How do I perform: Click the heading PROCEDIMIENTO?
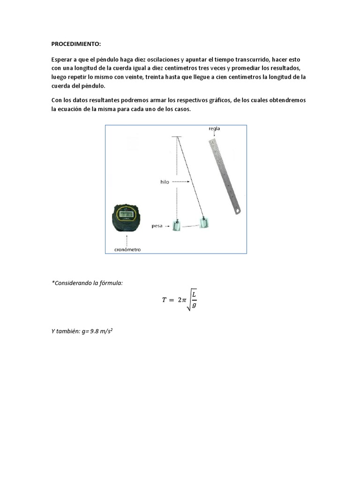[x=76, y=44]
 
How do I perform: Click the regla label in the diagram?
[x=215, y=128]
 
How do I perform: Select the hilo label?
[x=163, y=181]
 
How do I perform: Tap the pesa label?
[x=157, y=226]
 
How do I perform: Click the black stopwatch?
[x=125, y=217]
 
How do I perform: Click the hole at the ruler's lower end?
[x=238, y=210]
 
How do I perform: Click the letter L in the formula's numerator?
[x=195, y=294]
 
